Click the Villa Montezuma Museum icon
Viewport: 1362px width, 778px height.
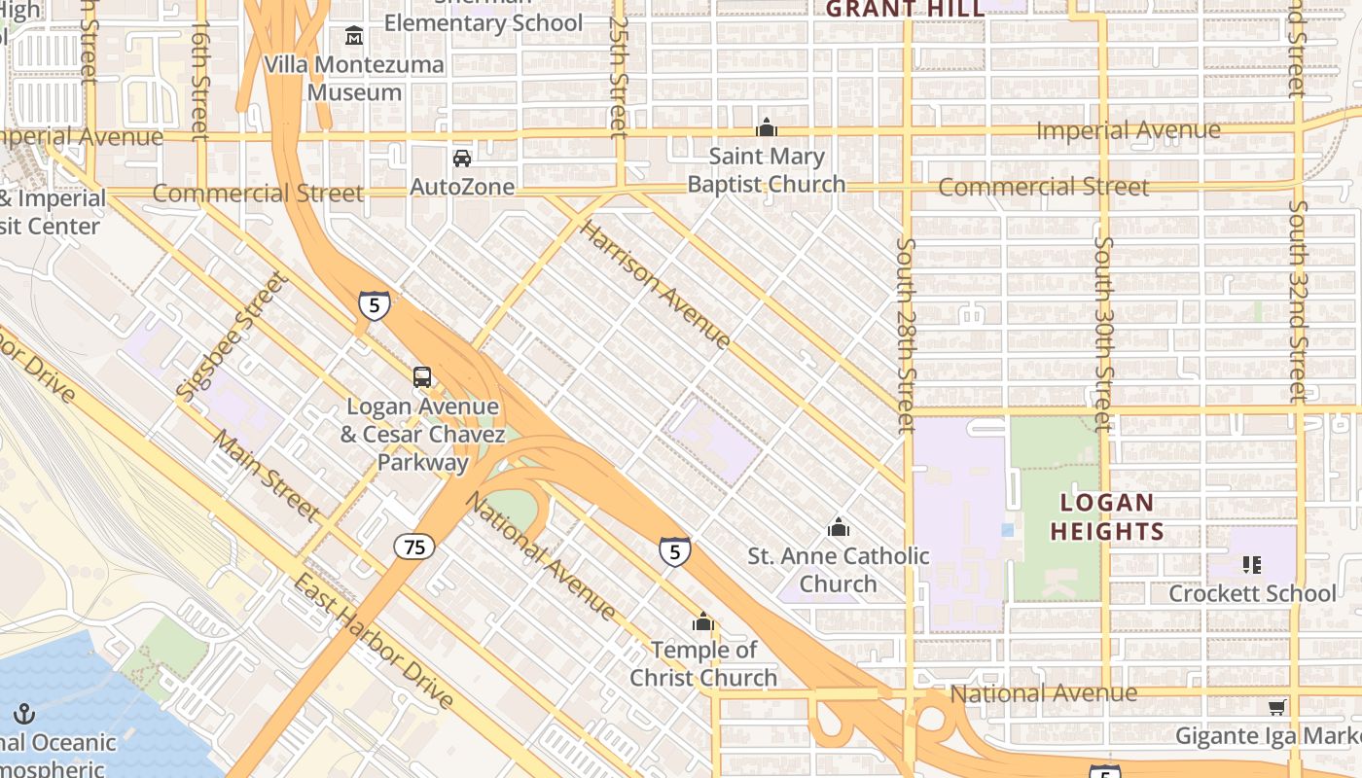pyautogui.click(x=354, y=36)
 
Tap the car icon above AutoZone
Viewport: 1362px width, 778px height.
pyautogui.click(x=462, y=158)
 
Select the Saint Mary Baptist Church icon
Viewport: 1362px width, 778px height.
pyautogui.click(x=767, y=127)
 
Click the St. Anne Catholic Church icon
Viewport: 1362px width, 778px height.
pyautogui.click(x=839, y=527)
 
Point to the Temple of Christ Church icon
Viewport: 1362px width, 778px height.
pyautogui.click(x=702, y=621)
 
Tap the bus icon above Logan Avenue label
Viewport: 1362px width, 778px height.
pyautogui.click(x=422, y=376)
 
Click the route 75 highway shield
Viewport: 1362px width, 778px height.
pyautogui.click(x=414, y=547)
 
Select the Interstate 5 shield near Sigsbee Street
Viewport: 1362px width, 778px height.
pyautogui.click(x=375, y=304)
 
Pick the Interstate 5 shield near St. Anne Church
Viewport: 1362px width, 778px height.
pyautogui.click(x=675, y=551)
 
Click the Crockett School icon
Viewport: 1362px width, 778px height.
pyautogui.click(x=1252, y=564)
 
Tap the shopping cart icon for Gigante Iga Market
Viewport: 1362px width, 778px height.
pyautogui.click(x=1277, y=707)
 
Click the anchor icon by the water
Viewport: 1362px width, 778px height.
pyautogui.click(x=24, y=715)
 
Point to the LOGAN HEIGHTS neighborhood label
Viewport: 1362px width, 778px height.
pyautogui.click(x=1107, y=517)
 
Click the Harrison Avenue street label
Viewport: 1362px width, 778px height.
pyautogui.click(x=655, y=285)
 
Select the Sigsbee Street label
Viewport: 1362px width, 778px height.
pyautogui.click(x=233, y=336)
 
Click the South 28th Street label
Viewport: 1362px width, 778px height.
pyautogui.click(x=906, y=336)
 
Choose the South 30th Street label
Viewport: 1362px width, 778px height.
pyautogui.click(x=1102, y=334)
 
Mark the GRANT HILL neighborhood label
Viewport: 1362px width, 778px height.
pyautogui.click(x=905, y=10)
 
